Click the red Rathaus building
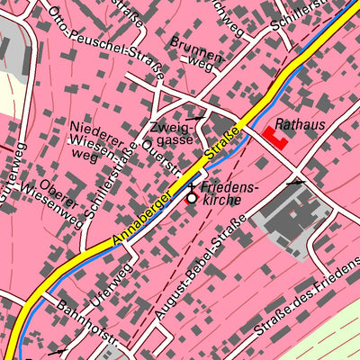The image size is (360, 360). [x=274, y=138]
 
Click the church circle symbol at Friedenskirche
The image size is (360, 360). [x=191, y=197]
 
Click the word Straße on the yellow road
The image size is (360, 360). [x=226, y=144]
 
